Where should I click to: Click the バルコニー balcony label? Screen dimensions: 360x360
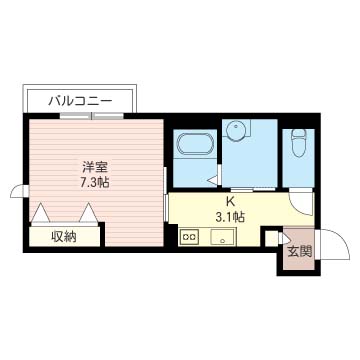point(80,100)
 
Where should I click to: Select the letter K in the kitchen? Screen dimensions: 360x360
point(230,202)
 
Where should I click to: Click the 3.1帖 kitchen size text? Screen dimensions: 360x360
point(230,217)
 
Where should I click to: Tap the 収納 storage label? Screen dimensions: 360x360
point(64,237)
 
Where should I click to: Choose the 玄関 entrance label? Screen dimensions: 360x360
point(299,252)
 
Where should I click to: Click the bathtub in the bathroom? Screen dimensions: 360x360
point(195,144)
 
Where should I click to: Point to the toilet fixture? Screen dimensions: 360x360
point(298,142)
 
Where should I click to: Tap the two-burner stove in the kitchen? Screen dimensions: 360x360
point(189,237)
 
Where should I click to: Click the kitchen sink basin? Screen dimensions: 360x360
point(223,237)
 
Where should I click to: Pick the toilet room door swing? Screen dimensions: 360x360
point(302,202)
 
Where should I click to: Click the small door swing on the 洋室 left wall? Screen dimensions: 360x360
point(19,191)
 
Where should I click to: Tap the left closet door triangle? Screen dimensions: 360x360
point(40,212)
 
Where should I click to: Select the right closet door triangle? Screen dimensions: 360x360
point(88,212)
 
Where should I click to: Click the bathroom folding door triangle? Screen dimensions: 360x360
point(213,180)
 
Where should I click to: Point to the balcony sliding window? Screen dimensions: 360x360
point(91,116)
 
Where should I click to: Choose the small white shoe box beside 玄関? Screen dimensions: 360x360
point(272,238)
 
